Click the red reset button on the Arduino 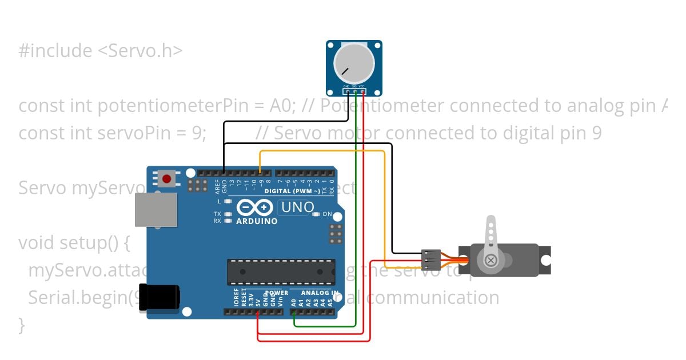tap(166, 179)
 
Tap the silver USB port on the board tap(155, 209)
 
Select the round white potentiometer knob tap(353, 63)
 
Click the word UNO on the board tap(297, 207)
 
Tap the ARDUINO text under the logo tap(257, 221)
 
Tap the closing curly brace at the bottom tap(22, 325)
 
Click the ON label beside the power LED tap(327, 214)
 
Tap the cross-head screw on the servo tap(490, 261)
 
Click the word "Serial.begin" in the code tap(77, 298)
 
